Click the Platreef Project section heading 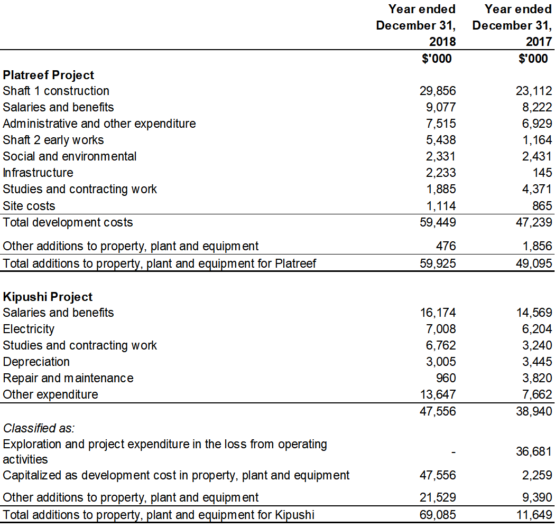49,75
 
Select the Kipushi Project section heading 48,297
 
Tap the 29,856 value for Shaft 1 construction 438,91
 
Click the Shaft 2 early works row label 53,140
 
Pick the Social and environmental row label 70,156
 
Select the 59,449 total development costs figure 438,222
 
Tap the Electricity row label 29,329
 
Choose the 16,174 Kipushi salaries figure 438,313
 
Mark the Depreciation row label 36,362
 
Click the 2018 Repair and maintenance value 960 446,378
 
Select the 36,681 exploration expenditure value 534,451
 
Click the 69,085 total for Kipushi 438,514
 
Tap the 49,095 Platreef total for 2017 534,263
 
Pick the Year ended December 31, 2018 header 416,25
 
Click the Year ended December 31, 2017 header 512,25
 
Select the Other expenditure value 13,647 438,394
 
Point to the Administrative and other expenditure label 99,124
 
